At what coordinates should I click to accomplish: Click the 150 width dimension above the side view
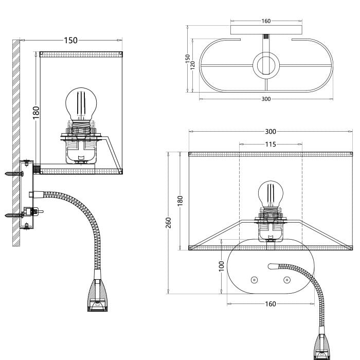click(x=71, y=41)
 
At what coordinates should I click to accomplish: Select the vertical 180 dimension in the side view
click(x=36, y=113)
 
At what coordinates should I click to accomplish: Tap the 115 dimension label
click(x=271, y=145)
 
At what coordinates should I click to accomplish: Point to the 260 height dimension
click(x=168, y=223)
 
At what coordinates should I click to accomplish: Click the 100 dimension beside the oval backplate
click(x=221, y=266)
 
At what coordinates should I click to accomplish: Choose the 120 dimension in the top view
click(x=192, y=65)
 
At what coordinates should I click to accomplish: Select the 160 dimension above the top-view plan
click(x=266, y=21)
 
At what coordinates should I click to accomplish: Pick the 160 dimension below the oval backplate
click(x=271, y=304)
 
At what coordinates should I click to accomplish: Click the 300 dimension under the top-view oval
click(x=266, y=99)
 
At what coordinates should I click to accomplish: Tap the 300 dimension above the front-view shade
click(x=271, y=132)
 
